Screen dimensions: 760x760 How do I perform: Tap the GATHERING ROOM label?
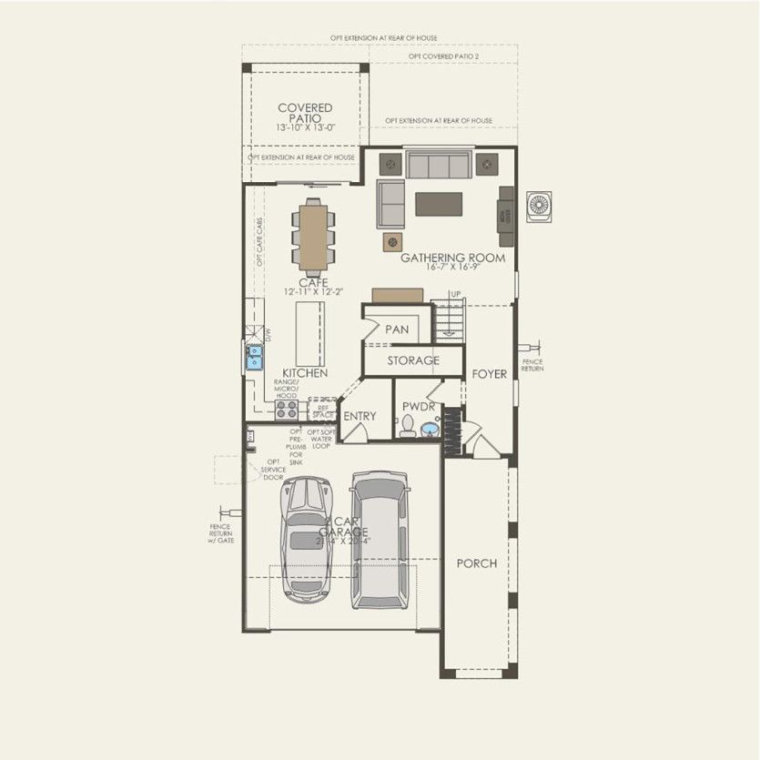pyautogui.click(x=452, y=258)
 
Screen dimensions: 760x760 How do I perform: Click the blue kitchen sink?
pyautogui.click(x=255, y=356)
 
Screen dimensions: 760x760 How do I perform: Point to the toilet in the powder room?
pyautogui.click(x=408, y=426)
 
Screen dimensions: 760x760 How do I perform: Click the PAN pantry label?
pyautogui.click(x=397, y=329)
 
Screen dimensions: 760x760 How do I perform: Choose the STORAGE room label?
pyautogui.click(x=413, y=360)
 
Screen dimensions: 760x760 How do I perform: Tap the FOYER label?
pyautogui.click(x=489, y=374)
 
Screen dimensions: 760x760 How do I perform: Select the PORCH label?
pyautogui.click(x=476, y=563)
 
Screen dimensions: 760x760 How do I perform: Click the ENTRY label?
pyautogui.click(x=360, y=416)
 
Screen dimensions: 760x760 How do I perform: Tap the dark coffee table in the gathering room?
pyautogui.click(x=439, y=204)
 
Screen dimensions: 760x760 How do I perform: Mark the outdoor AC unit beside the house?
pyautogui.click(x=540, y=205)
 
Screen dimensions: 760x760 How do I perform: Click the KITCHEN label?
pyautogui.click(x=305, y=374)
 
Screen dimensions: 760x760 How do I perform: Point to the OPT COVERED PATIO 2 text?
pyautogui.click(x=443, y=56)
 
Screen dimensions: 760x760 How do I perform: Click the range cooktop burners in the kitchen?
pyautogui.click(x=287, y=409)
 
